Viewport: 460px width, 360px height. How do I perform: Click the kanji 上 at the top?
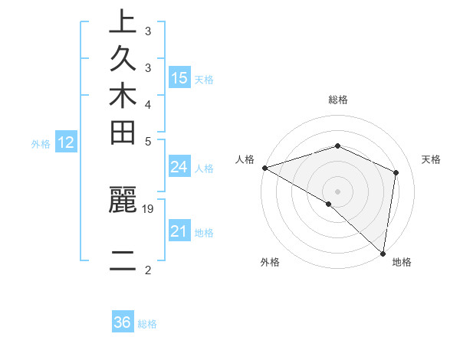coord(123,22)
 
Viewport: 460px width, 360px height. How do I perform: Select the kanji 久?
coord(123,59)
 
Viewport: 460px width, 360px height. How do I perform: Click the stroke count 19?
coord(149,208)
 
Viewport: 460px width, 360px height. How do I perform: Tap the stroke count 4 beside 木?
coord(147,104)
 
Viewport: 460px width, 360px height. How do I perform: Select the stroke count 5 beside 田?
coord(147,141)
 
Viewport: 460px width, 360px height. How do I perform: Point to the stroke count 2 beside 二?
coord(147,270)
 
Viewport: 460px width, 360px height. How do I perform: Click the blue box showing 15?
coord(179,77)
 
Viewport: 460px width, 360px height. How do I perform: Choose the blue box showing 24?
coord(179,167)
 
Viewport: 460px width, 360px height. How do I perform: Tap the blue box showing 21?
coord(179,231)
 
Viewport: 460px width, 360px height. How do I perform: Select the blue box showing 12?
coord(66,142)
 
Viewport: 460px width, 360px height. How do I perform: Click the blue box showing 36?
coord(123,322)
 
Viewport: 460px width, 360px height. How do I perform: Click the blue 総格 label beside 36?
coord(147,324)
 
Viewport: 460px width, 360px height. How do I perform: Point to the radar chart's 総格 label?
coord(337,100)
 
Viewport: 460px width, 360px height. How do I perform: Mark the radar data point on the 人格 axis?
coord(264,167)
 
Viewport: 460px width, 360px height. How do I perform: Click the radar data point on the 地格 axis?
coord(383,254)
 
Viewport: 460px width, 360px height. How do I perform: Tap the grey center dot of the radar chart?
coord(337,191)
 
